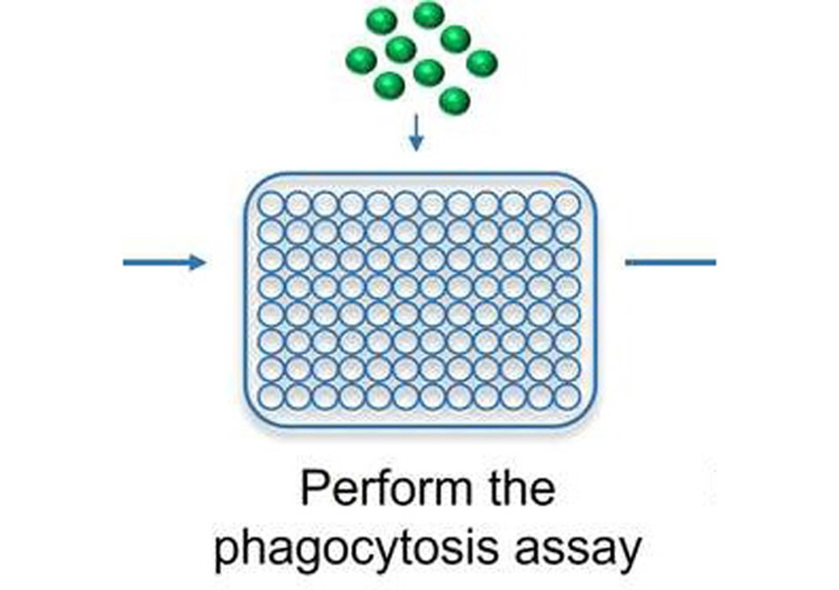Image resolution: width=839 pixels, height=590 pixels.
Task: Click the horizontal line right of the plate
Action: click(x=671, y=262)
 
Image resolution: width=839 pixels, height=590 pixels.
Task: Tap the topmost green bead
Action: click(x=429, y=15)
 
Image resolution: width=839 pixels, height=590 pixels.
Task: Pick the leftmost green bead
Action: click(x=361, y=60)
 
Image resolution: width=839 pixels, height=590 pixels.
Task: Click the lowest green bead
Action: click(x=454, y=101)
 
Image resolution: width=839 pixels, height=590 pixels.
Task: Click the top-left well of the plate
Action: click(x=271, y=204)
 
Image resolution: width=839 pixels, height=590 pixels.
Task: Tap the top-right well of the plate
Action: click(x=567, y=204)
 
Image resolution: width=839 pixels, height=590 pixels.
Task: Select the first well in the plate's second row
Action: click(x=271, y=231)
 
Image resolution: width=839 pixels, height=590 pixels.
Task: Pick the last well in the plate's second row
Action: click(x=567, y=231)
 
